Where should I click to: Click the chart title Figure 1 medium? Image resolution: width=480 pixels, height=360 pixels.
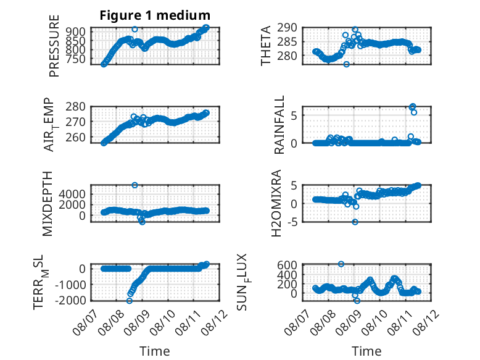point(155,15)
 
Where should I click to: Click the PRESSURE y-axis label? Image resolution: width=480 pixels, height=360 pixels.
point(54,46)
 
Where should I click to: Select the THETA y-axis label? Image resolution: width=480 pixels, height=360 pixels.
point(266,46)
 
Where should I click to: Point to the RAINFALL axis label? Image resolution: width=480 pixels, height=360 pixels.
point(279,125)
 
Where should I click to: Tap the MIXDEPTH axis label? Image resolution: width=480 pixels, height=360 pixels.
point(48,204)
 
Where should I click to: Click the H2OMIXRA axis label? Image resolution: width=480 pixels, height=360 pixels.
point(276,203)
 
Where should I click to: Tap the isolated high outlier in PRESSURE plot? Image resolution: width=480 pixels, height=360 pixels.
point(134,30)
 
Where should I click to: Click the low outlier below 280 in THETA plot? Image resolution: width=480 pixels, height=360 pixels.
point(346,64)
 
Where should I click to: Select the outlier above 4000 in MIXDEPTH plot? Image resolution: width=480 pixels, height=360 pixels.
point(134,185)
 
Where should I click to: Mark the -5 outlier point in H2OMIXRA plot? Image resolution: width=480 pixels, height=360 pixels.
point(355,222)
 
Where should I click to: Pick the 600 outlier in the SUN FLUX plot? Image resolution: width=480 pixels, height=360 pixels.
point(341,264)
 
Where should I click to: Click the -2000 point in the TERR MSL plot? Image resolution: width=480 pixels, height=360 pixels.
point(129,301)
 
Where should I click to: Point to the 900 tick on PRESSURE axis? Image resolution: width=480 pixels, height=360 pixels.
point(76,31)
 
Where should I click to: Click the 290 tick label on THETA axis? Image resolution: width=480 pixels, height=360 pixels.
point(287,28)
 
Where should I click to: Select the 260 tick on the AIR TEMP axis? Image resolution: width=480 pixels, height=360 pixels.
point(76,137)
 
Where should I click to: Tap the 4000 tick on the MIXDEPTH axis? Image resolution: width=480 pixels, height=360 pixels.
point(72,194)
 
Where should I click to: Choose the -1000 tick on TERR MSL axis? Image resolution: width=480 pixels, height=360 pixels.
point(70,285)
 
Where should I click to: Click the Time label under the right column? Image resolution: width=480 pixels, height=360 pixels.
point(366,351)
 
